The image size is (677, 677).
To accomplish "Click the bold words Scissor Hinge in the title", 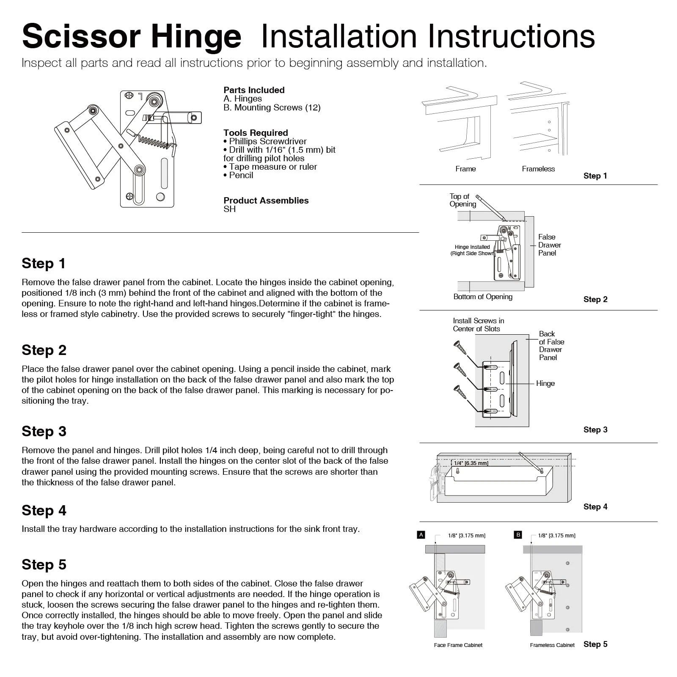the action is click(x=132, y=36).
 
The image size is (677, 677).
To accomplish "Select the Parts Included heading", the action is click(x=254, y=90).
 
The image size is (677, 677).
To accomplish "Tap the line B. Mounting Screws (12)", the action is click(x=272, y=107).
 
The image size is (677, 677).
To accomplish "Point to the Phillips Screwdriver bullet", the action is click(x=265, y=141).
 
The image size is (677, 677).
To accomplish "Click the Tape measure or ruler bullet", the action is click(x=270, y=167).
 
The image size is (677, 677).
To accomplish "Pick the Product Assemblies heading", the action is click(x=266, y=201).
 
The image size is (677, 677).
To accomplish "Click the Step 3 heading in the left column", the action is click(x=44, y=431).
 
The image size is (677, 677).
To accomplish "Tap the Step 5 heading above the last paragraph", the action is click(x=44, y=564).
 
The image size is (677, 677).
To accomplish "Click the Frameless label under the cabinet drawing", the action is click(x=538, y=169).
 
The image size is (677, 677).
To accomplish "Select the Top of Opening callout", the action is click(x=462, y=200).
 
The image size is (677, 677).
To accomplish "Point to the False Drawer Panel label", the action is click(x=549, y=245).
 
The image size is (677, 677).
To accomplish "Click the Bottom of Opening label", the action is click(x=483, y=297).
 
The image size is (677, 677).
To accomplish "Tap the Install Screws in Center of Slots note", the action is click(x=478, y=325).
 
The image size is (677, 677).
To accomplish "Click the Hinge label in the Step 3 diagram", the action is click(x=545, y=383).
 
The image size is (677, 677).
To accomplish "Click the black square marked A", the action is click(x=421, y=535).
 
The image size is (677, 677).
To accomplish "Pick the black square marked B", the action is click(x=518, y=535).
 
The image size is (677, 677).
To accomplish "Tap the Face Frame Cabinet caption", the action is click(x=458, y=645).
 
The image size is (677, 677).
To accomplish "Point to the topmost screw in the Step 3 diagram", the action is click(x=460, y=348).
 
